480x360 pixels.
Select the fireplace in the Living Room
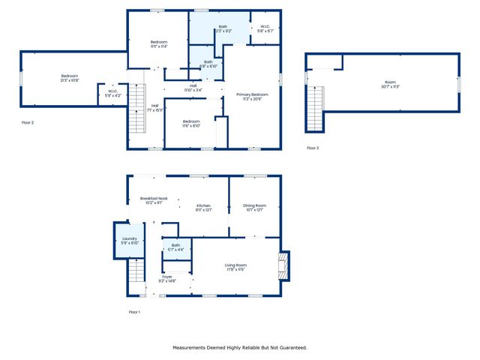click(282, 265)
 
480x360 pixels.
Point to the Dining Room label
click(254, 207)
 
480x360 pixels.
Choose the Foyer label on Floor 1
click(167, 278)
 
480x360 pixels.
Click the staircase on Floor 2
click(136, 108)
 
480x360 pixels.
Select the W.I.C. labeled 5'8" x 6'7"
click(265, 29)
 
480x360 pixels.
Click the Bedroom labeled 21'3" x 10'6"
click(69, 78)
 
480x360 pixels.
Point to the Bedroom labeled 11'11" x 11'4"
click(157, 43)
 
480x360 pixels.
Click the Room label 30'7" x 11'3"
click(390, 85)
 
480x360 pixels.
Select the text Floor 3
click(313, 148)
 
